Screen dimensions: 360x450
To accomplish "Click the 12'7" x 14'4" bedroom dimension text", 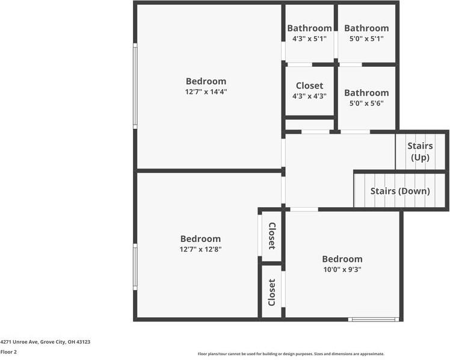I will pyautogui.click(x=206, y=92).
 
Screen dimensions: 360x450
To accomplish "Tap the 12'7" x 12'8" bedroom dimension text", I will pyautogui.click(x=200, y=249).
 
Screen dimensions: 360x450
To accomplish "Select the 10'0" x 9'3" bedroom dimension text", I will pyautogui.click(x=342, y=270).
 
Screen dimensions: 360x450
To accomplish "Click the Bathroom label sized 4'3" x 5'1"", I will pyautogui.click(x=309, y=28).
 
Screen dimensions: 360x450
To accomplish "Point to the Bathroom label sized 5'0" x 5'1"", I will pyautogui.click(x=366, y=28).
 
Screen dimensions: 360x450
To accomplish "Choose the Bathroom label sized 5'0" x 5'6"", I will pyautogui.click(x=366, y=93).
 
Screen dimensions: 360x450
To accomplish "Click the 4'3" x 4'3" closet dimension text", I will pyautogui.click(x=309, y=96).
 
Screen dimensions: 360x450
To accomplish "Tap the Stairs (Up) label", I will pyautogui.click(x=420, y=152).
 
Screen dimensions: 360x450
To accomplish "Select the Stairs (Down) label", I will pyautogui.click(x=400, y=191).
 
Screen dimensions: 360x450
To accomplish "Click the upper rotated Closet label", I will pyautogui.click(x=272, y=236).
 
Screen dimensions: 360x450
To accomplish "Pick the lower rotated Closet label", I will pyautogui.click(x=272, y=292).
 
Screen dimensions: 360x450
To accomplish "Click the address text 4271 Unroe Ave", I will pyautogui.click(x=45, y=341).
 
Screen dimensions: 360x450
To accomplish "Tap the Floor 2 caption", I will pyautogui.click(x=8, y=352).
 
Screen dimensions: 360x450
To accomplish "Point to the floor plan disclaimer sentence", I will pyautogui.click(x=291, y=354).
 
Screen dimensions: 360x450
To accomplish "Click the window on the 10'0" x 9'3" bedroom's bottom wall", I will pyautogui.click(x=374, y=319).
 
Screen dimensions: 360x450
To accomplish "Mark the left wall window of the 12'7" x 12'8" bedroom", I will pyautogui.click(x=135, y=267).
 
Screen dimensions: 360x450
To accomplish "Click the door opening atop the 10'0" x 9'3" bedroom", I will pyautogui.click(x=304, y=209).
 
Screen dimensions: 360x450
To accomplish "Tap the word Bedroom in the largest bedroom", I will pyautogui.click(x=206, y=81).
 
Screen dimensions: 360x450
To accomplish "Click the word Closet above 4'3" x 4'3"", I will pyautogui.click(x=309, y=86).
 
